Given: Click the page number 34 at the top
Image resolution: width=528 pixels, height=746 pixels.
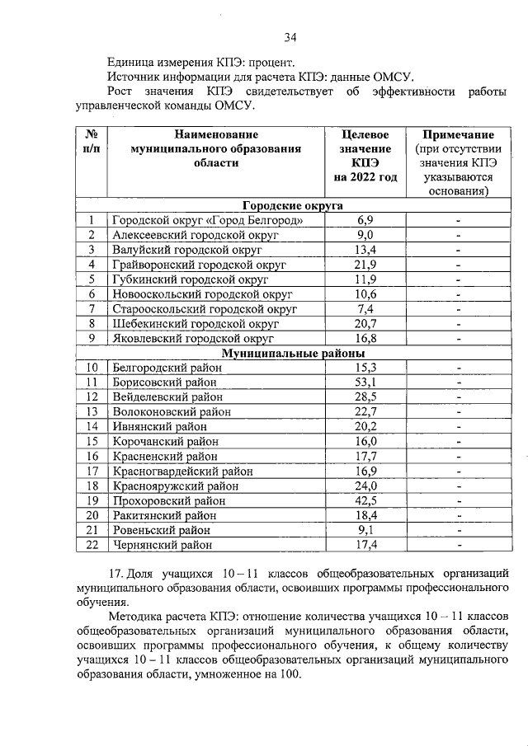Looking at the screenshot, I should click(x=290, y=36).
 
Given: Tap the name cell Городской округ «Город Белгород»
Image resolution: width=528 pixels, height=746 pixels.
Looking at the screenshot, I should click(x=213, y=221).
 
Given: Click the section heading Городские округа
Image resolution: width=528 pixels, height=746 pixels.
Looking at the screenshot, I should click(x=293, y=206).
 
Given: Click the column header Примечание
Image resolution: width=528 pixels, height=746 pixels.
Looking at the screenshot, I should click(x=457, y=134).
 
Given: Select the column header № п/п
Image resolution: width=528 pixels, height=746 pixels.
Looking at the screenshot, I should click(x=92, y=142).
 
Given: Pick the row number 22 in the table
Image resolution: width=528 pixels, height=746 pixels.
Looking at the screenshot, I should click(x=92, y=545).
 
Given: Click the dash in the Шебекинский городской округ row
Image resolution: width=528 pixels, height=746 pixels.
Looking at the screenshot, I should click(x=457, y=324).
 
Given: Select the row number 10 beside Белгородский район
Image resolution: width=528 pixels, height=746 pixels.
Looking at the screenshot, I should click(x=92, y=368).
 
